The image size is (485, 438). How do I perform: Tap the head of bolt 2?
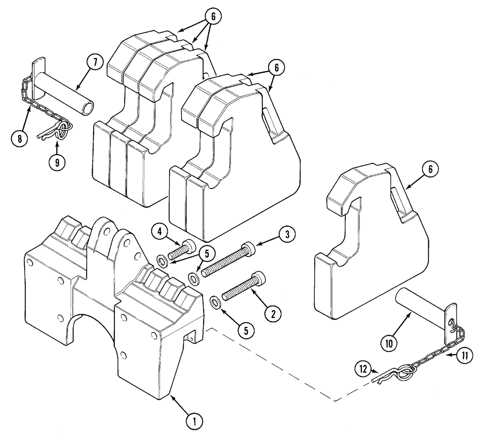257,277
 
